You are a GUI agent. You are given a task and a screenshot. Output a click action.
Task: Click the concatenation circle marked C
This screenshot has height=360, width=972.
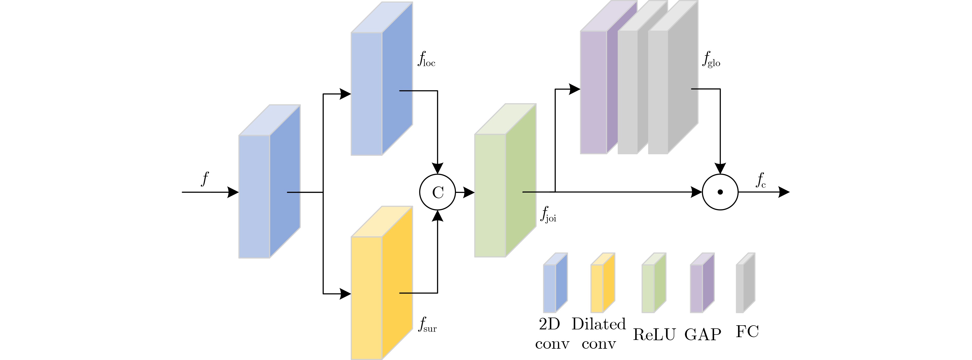438,192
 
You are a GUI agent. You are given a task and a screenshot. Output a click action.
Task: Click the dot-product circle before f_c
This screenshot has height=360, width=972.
720,192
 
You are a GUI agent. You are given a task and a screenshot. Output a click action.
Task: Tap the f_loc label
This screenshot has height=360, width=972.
426,60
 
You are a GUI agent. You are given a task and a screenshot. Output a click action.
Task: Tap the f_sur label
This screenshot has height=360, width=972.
427,325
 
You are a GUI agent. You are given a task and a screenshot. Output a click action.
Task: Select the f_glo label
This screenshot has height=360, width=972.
711,60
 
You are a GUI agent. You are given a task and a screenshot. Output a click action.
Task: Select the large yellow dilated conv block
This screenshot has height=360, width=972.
381,283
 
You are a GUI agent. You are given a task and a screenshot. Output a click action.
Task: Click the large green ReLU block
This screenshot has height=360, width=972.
505,181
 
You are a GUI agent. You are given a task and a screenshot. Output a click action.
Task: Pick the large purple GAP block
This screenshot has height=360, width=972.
598,83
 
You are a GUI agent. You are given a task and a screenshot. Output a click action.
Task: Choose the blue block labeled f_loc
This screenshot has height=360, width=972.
381,79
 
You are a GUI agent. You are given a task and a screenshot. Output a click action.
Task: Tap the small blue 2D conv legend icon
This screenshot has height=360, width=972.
555,283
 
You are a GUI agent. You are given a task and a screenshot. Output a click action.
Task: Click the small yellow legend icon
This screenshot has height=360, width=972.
602,283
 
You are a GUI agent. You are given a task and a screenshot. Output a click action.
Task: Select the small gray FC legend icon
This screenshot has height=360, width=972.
745,283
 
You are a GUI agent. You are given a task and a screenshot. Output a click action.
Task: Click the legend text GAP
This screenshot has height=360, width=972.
703,334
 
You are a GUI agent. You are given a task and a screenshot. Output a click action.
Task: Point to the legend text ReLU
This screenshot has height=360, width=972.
654,334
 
